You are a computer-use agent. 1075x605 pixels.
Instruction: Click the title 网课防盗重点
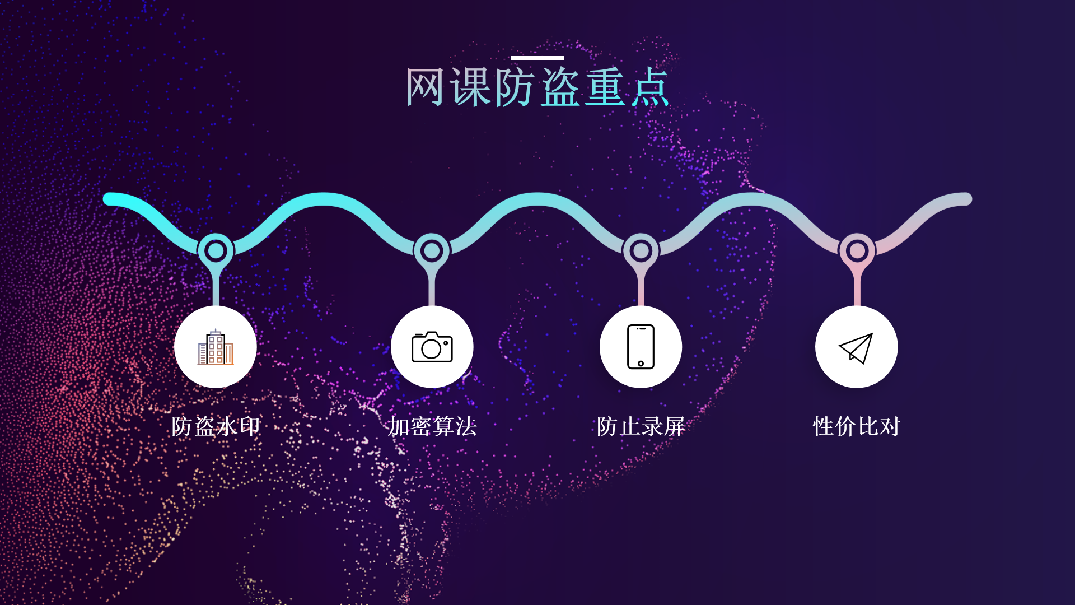point(537,87)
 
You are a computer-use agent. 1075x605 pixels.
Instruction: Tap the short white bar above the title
point(537,58)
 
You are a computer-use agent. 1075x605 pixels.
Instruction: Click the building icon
point(216,347)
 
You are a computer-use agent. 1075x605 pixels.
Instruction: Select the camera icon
point(432,347)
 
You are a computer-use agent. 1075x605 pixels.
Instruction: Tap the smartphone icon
point(641,347)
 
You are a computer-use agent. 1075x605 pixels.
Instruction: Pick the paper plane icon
point(856,348)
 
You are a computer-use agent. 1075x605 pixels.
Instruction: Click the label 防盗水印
point(216,426)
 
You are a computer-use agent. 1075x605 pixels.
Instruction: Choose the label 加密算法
point(432,426)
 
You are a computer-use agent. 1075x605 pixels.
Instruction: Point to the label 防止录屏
point(641,426)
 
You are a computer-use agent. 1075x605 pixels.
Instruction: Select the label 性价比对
point(856,426)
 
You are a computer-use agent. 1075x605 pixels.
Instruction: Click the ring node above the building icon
point(216,251)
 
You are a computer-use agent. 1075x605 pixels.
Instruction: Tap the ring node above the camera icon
point(432,251)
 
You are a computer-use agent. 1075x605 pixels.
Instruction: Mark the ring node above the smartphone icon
point(641,251)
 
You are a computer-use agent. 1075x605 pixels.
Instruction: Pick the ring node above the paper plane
point(857,251)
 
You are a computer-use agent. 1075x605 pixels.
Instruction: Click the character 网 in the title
point(425,87)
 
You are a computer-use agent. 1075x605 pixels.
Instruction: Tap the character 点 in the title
point(650,87)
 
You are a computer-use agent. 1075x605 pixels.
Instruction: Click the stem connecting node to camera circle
point(432,288)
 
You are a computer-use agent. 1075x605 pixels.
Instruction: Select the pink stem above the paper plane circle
point(857,288)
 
